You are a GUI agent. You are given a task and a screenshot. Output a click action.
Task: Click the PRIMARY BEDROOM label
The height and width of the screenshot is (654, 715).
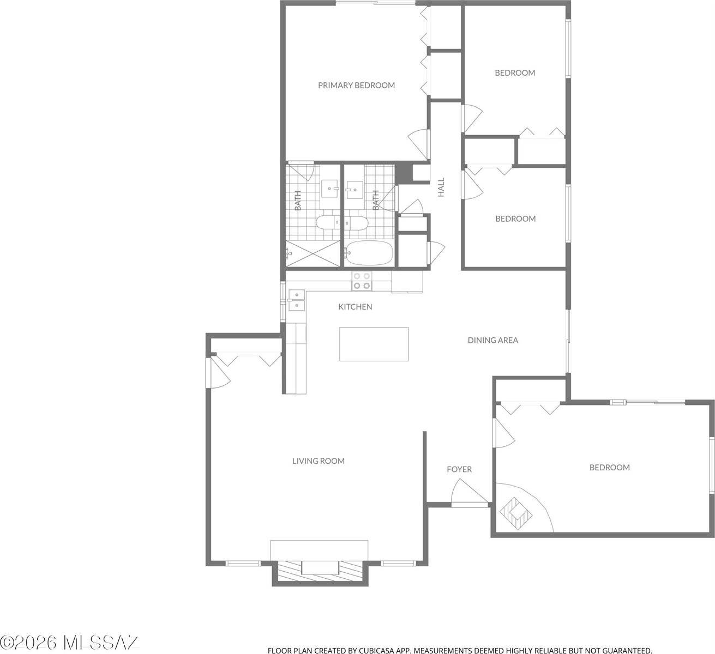point(356,85)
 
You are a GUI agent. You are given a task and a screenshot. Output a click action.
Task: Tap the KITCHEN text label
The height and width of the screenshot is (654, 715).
point(355,307)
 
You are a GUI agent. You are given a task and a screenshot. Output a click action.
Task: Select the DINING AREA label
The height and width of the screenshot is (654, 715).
point(492,340)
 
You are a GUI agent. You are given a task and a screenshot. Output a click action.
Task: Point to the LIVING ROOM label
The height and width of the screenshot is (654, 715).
point(318,461)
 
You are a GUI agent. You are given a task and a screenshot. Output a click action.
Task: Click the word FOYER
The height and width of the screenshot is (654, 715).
point(459,469)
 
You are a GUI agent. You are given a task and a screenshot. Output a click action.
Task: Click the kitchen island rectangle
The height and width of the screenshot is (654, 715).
point(374,344)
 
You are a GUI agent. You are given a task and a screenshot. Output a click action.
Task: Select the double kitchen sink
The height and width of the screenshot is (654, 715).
point(296,300)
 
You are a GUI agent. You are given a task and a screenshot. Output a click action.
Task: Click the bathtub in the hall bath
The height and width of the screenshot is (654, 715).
point(369,253)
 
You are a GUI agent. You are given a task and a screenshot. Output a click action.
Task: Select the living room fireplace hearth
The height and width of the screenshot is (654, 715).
point(319,570)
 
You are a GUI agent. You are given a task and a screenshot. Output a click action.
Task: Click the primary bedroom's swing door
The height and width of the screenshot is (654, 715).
point(420,144)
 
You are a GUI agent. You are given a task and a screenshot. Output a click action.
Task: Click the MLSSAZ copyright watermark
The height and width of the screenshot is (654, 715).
point(70,643)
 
